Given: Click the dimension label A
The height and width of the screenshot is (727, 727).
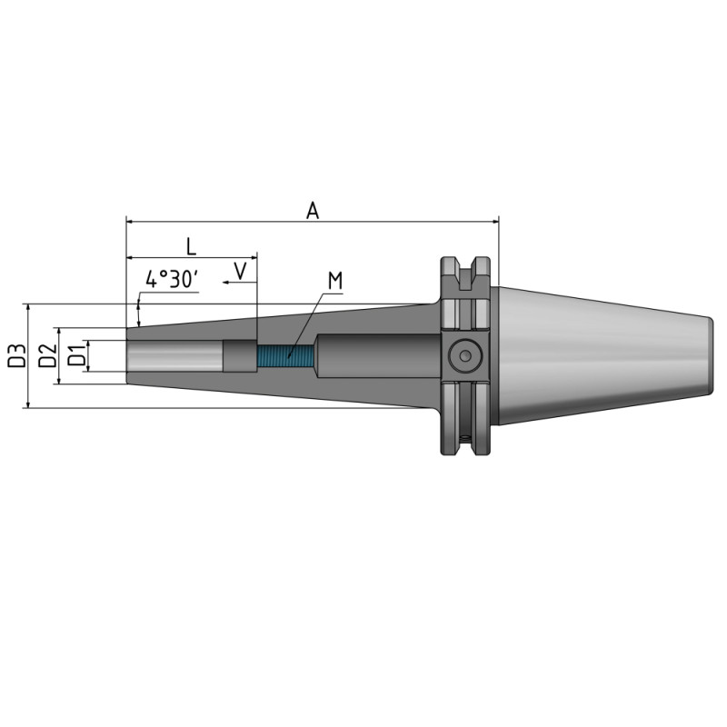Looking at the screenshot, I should click(313, 210).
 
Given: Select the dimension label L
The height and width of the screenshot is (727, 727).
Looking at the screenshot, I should click(190, 245).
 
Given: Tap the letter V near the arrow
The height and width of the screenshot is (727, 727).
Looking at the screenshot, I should click(241, 270).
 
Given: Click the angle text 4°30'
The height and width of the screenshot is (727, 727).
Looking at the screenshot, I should click(172, 279).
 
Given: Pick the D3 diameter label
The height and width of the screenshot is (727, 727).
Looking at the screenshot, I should click(15, 355).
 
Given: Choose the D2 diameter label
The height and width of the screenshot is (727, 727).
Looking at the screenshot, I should click(48, 355).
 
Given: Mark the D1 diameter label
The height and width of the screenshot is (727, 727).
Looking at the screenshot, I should click(77, 355).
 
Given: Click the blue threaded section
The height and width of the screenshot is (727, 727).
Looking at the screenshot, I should click(286, 355).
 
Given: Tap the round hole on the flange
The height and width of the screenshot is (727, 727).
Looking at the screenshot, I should click(465, 355).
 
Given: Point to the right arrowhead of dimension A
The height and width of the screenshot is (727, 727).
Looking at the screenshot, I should click(494, 221).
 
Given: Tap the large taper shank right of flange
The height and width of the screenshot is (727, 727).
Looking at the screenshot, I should click(600, 355).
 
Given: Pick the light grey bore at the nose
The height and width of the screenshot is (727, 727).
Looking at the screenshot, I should click(173, 355).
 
